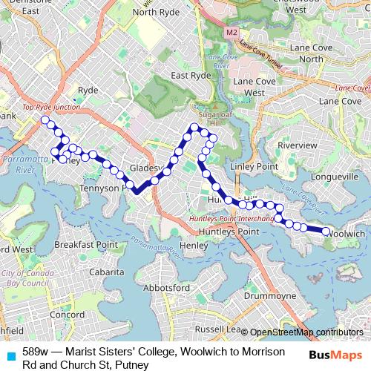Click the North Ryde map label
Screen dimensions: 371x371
(x=157, y=12)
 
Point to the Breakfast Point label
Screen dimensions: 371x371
(x=86, y=244)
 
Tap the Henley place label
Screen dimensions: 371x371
(x=194, y=246)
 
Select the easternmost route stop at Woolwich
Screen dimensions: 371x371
(x=326, y=232)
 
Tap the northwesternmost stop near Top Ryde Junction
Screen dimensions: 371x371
(x=45, y=119)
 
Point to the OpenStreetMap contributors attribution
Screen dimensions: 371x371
(x=306, y=332)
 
